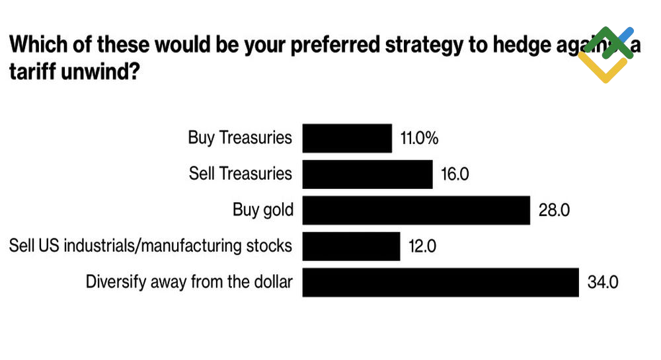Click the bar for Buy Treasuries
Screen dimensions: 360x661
(x=347, y=138)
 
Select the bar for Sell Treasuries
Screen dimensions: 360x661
(x=368, y=174)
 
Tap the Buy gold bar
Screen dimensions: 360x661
(x=416, y=210)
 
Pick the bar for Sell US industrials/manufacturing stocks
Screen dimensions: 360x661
(x=351, y=246)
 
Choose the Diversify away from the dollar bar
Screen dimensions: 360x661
(x=440, y=282)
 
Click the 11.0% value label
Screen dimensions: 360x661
(x=420, y=139)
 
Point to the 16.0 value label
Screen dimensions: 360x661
(x=455, y=174)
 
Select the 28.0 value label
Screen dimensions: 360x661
(x=554, y=211)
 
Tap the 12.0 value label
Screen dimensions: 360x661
(x=422, y=246)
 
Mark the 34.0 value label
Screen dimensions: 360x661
(x=603, y=283)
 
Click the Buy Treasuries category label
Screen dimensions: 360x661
(x=240, y=137)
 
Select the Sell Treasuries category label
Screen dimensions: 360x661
(x=240, y=173)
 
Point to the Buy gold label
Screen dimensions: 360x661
(x=262, y=210)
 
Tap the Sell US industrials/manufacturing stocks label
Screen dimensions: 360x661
(x=150, y=246)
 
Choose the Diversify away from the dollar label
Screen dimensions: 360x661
(x=189, y=282)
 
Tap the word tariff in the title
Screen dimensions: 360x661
(x=34, y=71)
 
